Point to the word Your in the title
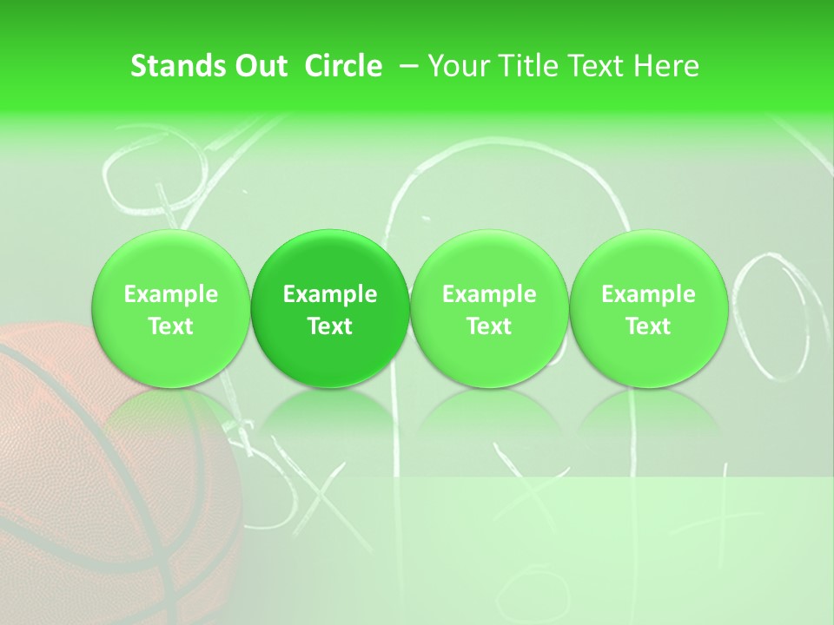456,66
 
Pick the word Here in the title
668,66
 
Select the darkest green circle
330,309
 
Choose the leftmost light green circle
170,309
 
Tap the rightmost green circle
648,309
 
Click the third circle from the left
489,309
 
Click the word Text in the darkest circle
330,326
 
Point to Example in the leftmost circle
170,294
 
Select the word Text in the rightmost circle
648,326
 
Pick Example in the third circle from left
489,294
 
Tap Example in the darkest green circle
330,294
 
